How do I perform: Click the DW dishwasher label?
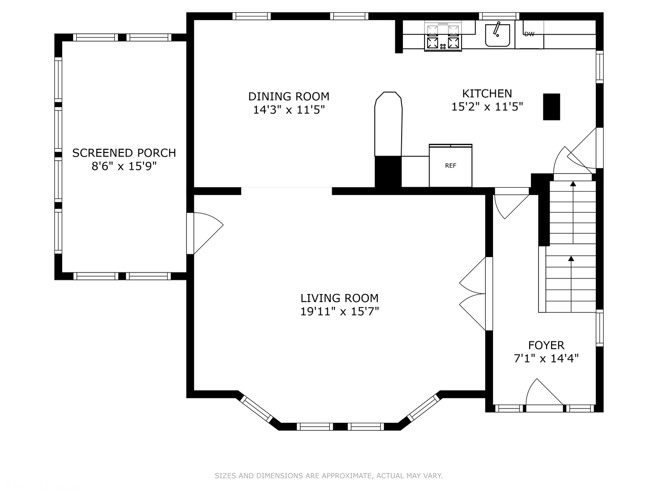(529, 34)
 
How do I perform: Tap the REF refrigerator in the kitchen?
(451, 166)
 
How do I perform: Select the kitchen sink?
(498, 35)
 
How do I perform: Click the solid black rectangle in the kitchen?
(552, 107)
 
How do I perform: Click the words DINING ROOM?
(289, 97)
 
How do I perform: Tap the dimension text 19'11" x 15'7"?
(340, 312)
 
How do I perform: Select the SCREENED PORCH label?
(124, 153)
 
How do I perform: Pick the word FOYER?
(546, 346)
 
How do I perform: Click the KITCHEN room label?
(487, 94)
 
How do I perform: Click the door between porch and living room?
(205, 233)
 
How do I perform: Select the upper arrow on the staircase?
(573, 213)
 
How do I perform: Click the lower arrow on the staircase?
(571, 284)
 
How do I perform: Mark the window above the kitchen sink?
(499, 16)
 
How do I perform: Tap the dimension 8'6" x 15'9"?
(124, 166)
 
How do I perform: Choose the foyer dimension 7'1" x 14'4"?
(546, 358)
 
